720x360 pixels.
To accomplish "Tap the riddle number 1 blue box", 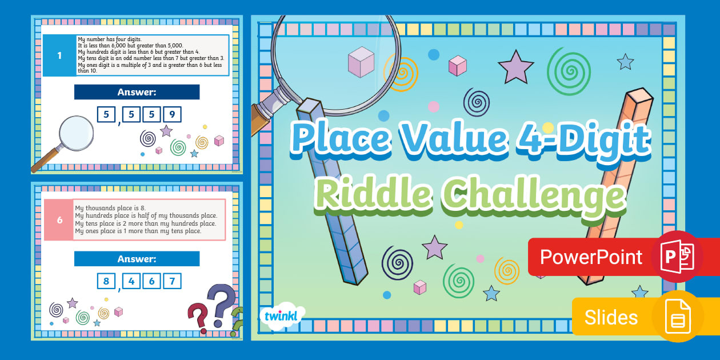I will click(x=59, y=55).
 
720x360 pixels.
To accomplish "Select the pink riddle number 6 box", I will click(x=59, y=219).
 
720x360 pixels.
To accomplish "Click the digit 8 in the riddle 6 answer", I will click(x=106, y=281).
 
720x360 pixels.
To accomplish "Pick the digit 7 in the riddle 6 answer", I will click(x=172, y=281).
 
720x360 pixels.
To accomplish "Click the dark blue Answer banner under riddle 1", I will click(x=137, y=92).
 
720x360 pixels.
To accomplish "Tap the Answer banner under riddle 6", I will click(x=137, y=259).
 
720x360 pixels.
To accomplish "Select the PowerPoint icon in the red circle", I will click(x=677, y=257).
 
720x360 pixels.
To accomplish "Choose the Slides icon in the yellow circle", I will click(x=678, y=316).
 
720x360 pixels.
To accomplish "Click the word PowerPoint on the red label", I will click(x=591, y=257).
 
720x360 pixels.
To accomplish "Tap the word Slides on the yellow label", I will click(x=611, y=317).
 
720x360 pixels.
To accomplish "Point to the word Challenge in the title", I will click(x=533, y=193).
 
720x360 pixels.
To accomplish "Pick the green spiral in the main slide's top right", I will click(x=568, y=70).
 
